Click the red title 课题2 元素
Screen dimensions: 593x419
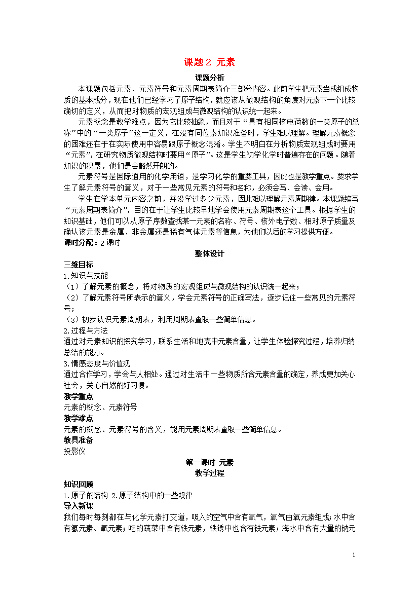pyautogui.click(x=209, y=63)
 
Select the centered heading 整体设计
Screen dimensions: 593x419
pyautogui.click(x=209, y=254)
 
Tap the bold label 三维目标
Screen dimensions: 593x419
pyautogui.click(x=78, y=265)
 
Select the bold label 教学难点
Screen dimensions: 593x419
pyautogui.click(x=78, y=418)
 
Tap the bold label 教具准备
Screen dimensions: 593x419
pyautogui.click(x=78, y=440)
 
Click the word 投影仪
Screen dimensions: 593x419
pyautogui.click(x=74, y=451)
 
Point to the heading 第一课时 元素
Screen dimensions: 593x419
pyautogui.click(x=209, y=462)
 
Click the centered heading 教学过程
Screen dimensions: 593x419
pyautogui.click(x=209, y=473)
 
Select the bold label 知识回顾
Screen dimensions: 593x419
pyautogui.click(x=78, y=484)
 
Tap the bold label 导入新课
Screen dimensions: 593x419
pyautogui.click(x=78, y=506)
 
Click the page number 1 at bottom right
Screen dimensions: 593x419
pyautogui.click(x=354, y=555)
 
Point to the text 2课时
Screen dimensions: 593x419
pyautogui.click(x=109, y=243)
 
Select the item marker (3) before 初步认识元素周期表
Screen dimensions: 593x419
pyautogui.click(x=71, y=319)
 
